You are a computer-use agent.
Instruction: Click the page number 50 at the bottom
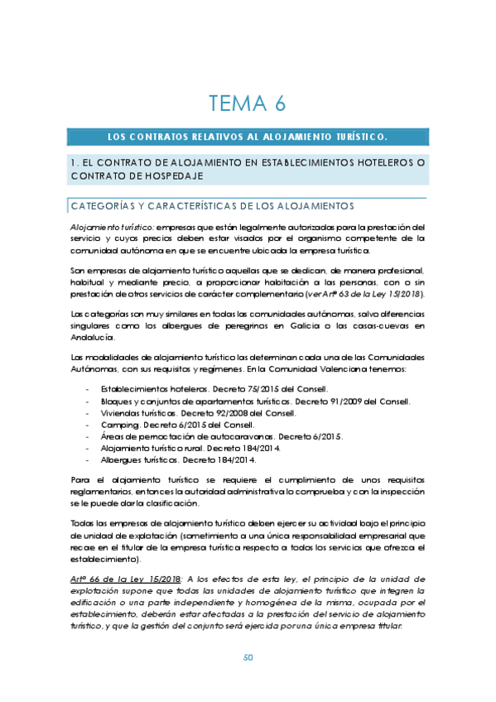tap(247, 658)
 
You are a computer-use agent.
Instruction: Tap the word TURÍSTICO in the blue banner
tap(354, 136)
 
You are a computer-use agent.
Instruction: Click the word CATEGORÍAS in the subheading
tap(104, 206)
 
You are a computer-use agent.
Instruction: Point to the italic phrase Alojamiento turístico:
tap(110, 226)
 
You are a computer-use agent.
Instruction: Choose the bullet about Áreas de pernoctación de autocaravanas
tap(181, 436)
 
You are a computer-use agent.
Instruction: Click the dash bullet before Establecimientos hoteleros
tap(87, 389)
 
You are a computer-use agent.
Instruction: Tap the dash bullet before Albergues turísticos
tap(87, 459)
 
